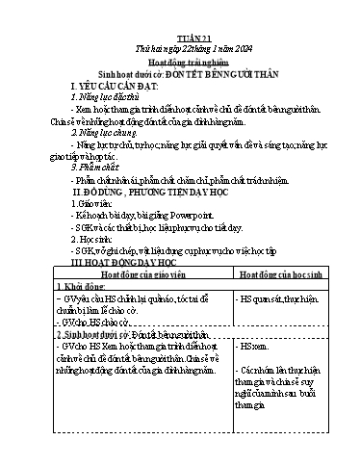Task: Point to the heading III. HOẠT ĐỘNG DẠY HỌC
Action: coord(137,261)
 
